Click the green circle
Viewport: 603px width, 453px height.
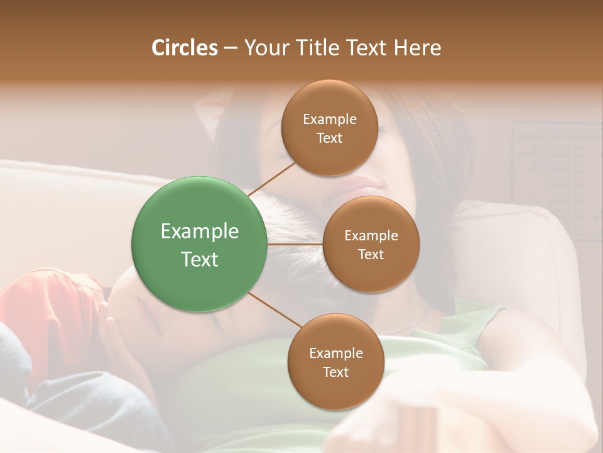pyautogui.click(x=199, y=244)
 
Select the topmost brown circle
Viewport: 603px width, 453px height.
pyautogui.click(x=329, y=128)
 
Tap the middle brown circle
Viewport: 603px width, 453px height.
pyautogui.click(x=371, y=244)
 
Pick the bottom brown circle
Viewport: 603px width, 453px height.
pyautogui.click(x=335, y=362)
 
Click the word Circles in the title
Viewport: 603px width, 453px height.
pyautogui.click(x=184, y=48)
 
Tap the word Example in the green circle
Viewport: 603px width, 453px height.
pyautogui.click(x=199, y=232)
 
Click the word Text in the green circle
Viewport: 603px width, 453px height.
pyautogui.click(x=199, y=259)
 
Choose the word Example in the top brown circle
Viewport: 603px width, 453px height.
pyautogui.click(x=329, y=119)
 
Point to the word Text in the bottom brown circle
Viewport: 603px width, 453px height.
pyautogui.click(x=335, y=372)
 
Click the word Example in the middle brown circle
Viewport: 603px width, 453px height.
pyautogui.click(x=371, y=235)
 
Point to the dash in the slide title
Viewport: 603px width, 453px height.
pyautogui.click(x=231, y=48)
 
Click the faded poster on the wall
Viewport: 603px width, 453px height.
pyautogui.click(x=553, y=176)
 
